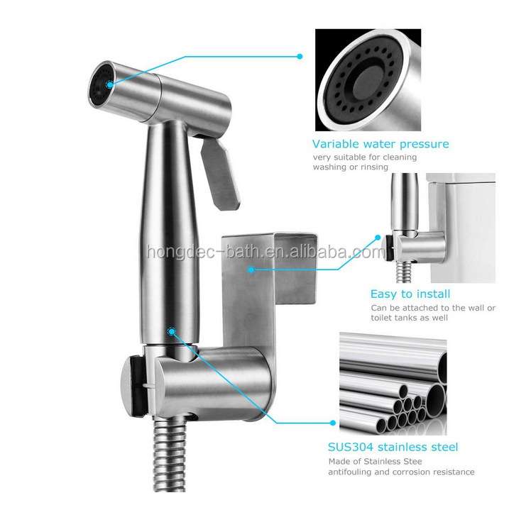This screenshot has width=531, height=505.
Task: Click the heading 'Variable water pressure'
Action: pos(381,145)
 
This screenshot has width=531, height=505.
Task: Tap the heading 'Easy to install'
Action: pos(410,294)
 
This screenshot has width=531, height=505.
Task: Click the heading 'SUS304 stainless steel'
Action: pos(393,447)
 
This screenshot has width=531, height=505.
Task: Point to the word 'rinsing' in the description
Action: pos(374,167)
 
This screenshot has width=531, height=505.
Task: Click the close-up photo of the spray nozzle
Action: pos(368,80)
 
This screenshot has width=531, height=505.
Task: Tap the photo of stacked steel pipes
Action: pos(393,384)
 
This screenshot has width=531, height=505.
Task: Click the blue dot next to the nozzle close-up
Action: pos(300,57)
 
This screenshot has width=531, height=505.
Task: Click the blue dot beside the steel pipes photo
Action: pos(333,423)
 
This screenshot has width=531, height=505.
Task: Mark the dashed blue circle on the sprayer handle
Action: pos(172,331)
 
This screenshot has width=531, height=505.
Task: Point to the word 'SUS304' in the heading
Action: pos(351,447)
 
